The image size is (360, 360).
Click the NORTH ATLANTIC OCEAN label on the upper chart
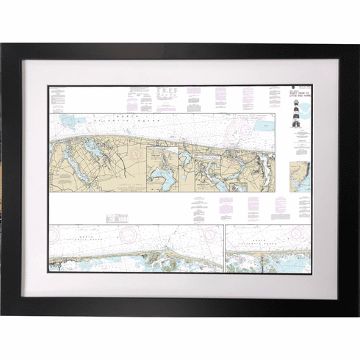click(x=125, y=118)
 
